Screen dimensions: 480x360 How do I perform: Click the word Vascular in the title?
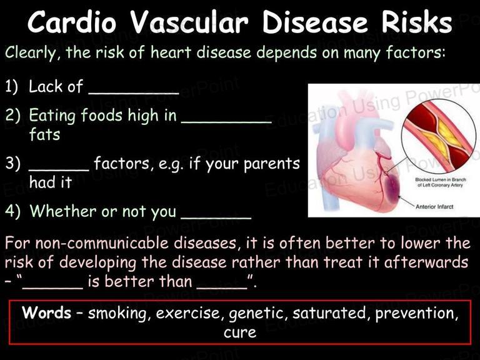tap(189, 22)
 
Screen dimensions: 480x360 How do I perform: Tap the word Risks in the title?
tap(417, 22)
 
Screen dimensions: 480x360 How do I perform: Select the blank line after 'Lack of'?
tap(134, 92)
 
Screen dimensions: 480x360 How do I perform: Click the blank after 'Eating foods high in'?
tap(226, 121)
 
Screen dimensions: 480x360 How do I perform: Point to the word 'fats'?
tap(45, 134)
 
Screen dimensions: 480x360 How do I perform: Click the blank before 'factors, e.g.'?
tap(59, 169)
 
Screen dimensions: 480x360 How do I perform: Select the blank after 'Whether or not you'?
tap(216, 217)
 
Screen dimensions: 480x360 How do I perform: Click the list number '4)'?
tap(12, 211)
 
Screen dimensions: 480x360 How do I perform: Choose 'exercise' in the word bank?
tap(187, 313)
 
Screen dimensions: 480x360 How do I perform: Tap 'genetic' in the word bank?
tap(257, 314)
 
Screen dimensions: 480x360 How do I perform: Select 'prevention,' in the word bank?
tap(417, 314)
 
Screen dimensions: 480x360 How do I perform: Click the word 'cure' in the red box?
tap(240, 332)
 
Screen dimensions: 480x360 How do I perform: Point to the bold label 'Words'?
tap(46, 312)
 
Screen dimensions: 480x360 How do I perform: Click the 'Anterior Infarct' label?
tap(434, 207)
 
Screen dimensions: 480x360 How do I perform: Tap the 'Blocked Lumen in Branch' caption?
tap(441, 180)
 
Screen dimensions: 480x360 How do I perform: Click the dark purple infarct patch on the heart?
tap(389, 188)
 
